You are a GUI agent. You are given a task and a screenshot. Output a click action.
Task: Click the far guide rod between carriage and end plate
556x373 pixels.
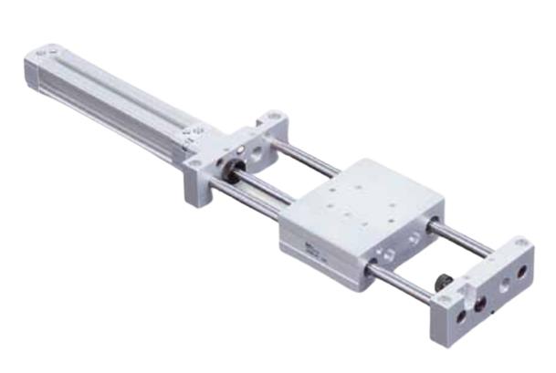pyautogui.click(x=461, y=236)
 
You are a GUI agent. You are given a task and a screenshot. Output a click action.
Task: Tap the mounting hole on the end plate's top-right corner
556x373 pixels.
pyautogui.click(x=519, y=243)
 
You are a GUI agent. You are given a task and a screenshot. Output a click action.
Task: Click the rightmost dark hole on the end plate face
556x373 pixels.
pyautogui.click(x=522, y=273)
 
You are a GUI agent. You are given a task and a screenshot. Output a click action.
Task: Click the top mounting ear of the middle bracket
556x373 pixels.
pyautogui.click(x=271, y=120)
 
